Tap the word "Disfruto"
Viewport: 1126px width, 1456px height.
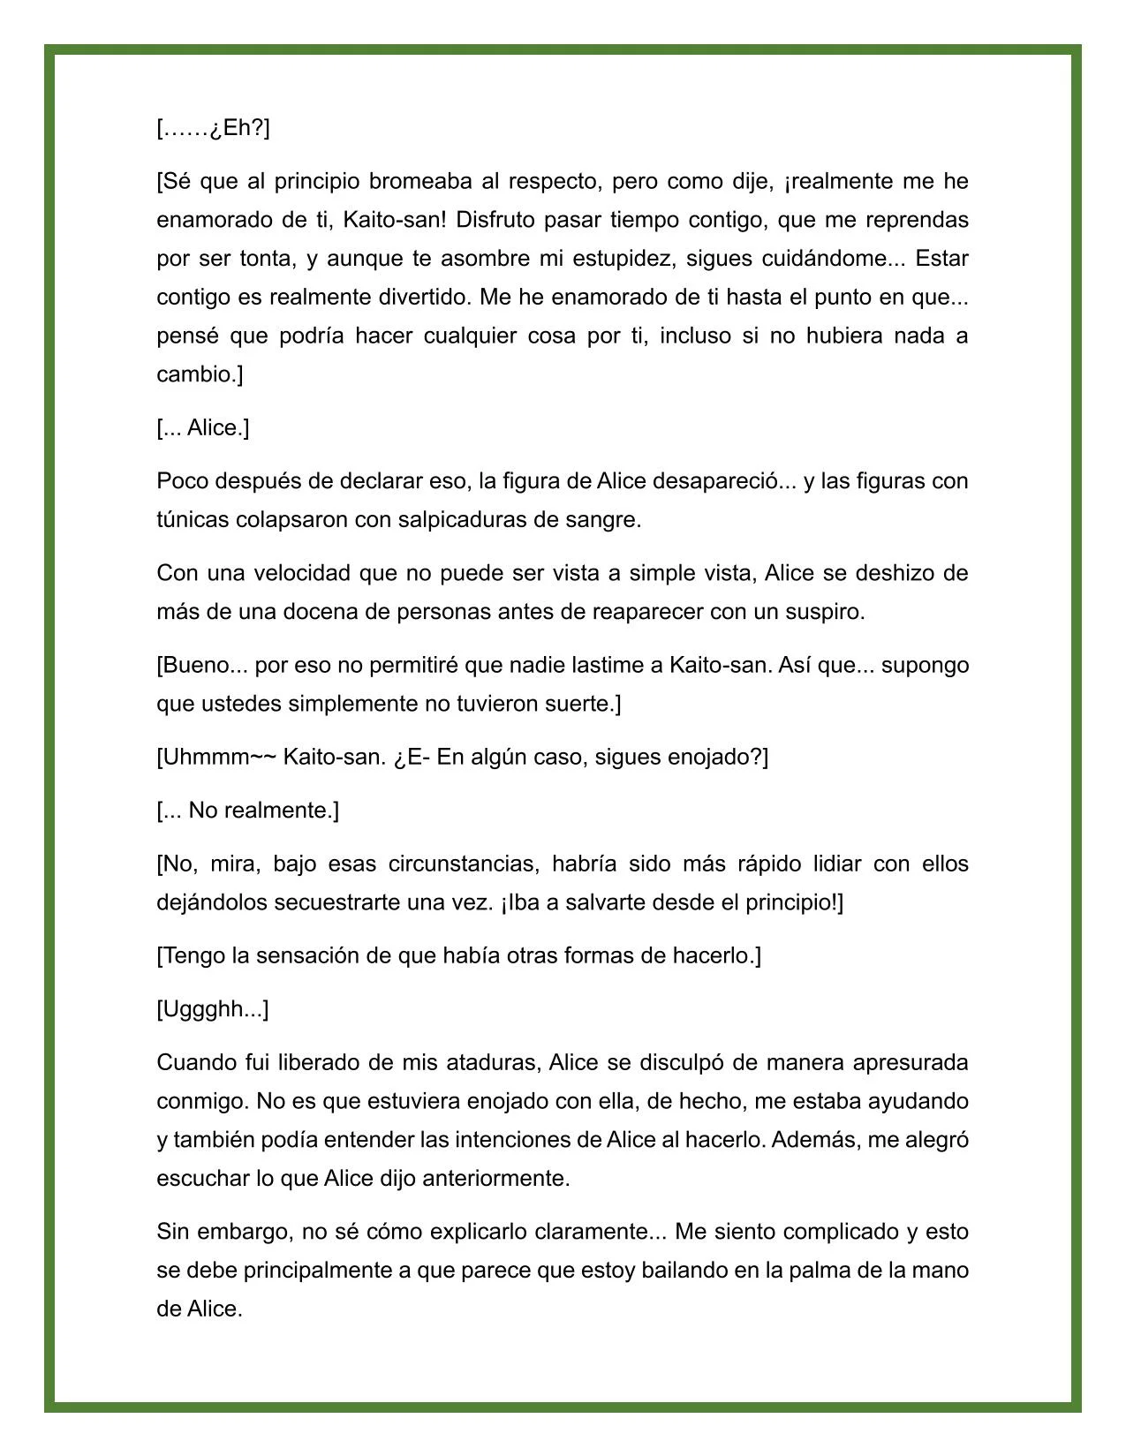click(495, 220)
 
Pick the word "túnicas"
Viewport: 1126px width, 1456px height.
click(193, 520)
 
